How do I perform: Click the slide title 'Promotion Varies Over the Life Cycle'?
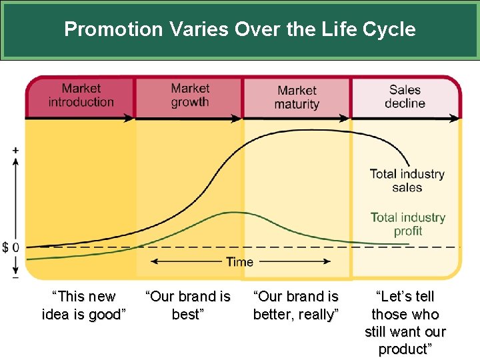pyautogui.click(x=240, y=29)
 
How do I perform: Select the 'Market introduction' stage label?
pyautogui.click(x=81, y=95)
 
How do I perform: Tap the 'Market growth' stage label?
pyautogui.click(x=189, y=95)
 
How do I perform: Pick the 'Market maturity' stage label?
pyautogui.click(x=297, y=97)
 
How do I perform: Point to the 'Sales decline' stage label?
pyautogui.click(x=405, y=96)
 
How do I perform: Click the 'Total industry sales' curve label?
pyautogui.click(x=407, y=181)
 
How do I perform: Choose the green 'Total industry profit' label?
pyautogui.click(x=408, y=224)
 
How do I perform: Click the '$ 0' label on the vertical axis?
pyautogui.click(x=10, y=247)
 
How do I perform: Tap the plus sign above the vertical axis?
pyautogui.click(x=15, y=150)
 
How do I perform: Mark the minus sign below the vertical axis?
pyautogui.click(x=15, y=277)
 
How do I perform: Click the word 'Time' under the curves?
pyautogui.click(x=239, y=262)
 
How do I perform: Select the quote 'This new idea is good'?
pyautogui.click(x=84, y=305)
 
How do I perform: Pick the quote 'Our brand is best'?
pyautogui.click(x=187, y=305)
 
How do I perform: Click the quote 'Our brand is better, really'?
pyautogui.click(x=296, y=305)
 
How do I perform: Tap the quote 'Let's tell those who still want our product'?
pyautogui.click(x=405, y=323)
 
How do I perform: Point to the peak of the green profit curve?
pyautogui.click(x=233, y=213)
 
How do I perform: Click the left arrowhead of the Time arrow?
pyautogui.click(x=152, y=262)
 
